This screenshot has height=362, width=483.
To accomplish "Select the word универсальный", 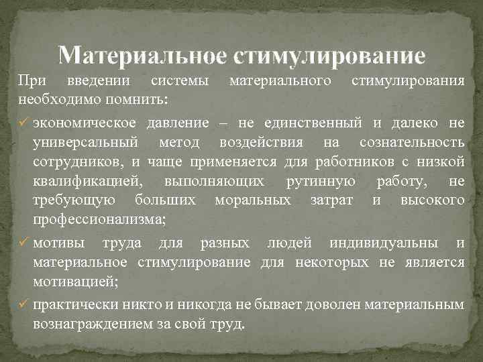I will tap(86, 142).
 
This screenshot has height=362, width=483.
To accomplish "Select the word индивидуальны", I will tap(392, 243).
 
